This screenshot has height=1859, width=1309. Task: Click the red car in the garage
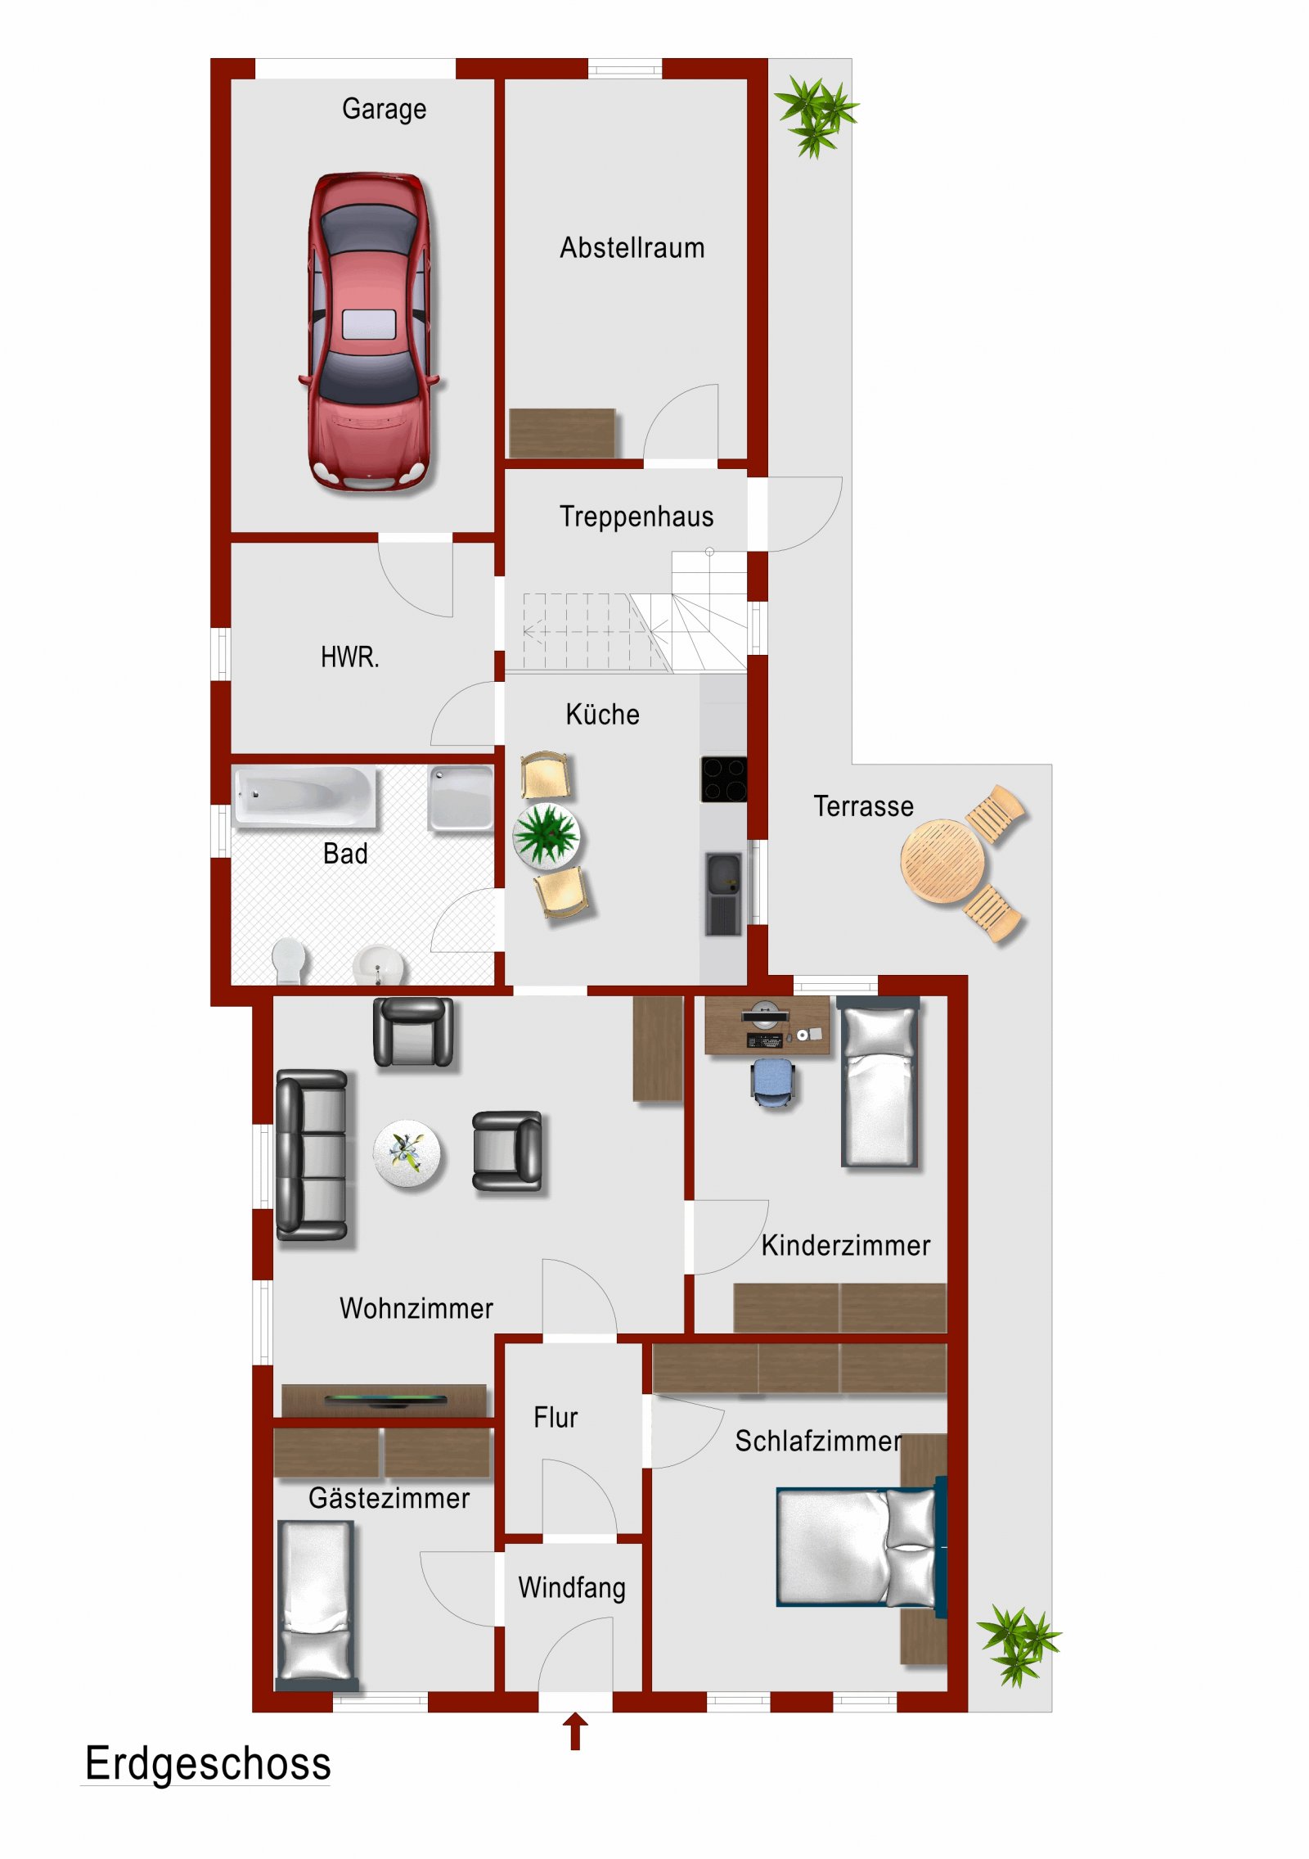click(370, 332)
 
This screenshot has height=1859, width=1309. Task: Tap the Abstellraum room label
click(632, 247)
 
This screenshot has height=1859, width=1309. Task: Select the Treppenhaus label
click(636, 517)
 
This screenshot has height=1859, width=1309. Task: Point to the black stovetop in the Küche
click(723, 778)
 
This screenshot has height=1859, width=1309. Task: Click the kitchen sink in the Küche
click(723, 874)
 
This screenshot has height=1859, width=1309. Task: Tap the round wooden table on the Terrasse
click(942, 861)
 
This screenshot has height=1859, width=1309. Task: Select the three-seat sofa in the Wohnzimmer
click(312, 1154)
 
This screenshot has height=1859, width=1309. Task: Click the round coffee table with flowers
click(407, 1153)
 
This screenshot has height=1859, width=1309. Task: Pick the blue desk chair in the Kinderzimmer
click(772, 1081)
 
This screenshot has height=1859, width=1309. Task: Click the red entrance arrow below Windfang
click(575, 1730)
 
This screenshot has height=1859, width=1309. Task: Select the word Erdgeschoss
click(208, 1763)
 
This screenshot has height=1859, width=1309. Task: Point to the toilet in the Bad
click(288, 960)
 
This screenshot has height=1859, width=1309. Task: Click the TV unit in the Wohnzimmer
click(385, 1399)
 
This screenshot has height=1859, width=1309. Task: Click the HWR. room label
click(349, 657)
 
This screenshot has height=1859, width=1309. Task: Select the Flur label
click(556, 1417)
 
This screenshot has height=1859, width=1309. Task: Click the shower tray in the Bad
click(461, 796)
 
